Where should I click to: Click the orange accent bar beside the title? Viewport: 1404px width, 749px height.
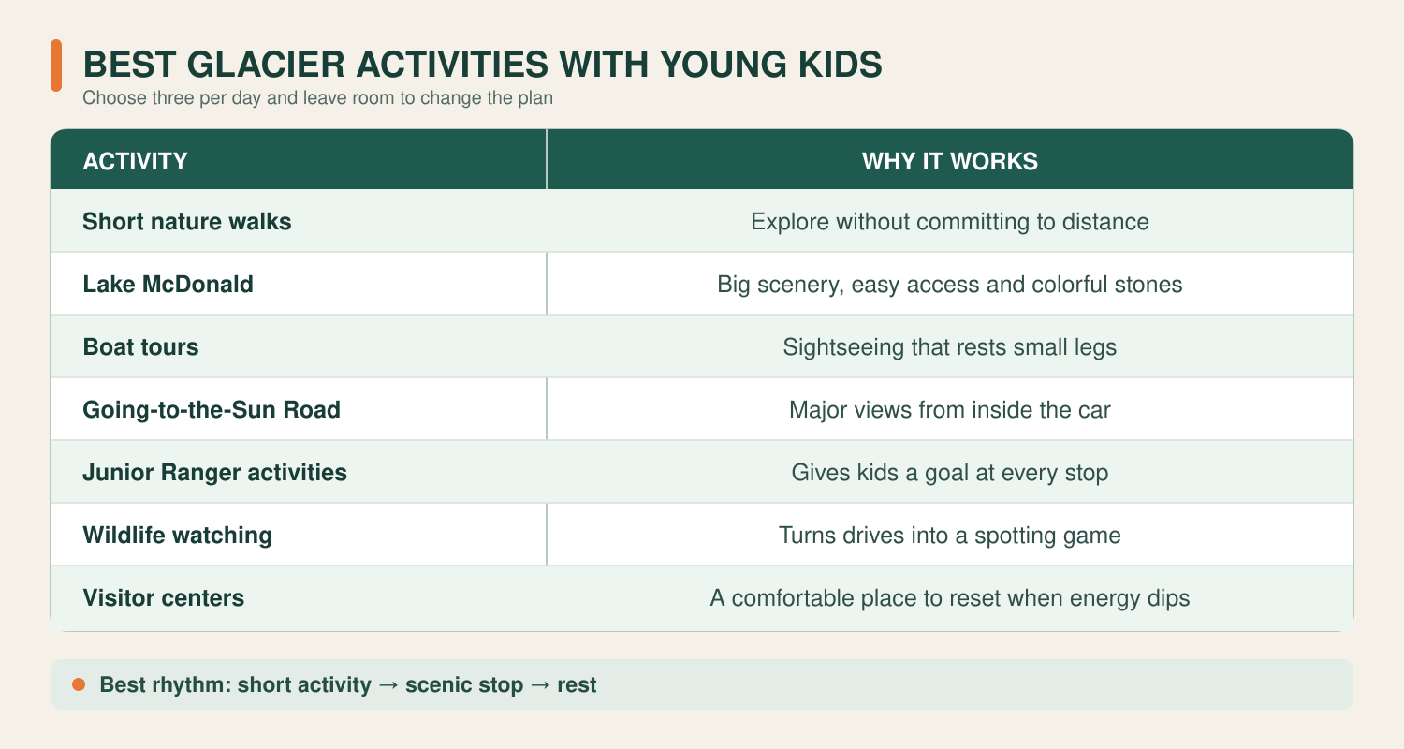point(56,66)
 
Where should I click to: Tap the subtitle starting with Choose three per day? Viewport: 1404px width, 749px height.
point(318,97)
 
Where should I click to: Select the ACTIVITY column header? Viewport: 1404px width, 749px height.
point(136,161)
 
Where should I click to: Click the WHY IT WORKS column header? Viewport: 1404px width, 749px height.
point(950,161)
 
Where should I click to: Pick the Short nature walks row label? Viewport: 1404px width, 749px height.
point(187,221)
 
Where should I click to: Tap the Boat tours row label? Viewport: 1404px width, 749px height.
point(140,346)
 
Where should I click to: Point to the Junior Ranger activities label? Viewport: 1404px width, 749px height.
point(214,472)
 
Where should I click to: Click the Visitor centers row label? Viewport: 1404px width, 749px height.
point(164,597)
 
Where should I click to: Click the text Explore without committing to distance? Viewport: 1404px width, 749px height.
point(950,221)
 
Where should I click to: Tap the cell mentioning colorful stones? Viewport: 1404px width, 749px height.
point(950,284)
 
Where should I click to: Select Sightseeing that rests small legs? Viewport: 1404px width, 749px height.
point(950,346)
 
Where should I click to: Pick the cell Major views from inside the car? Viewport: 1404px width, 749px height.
point(950,409)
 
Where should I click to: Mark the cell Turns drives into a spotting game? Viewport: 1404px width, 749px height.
point(950,535)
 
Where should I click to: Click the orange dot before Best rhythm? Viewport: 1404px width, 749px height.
point(79,684)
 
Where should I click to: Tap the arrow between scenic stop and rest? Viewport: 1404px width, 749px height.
point(540,684)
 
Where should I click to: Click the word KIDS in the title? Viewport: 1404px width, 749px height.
point(840,65)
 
